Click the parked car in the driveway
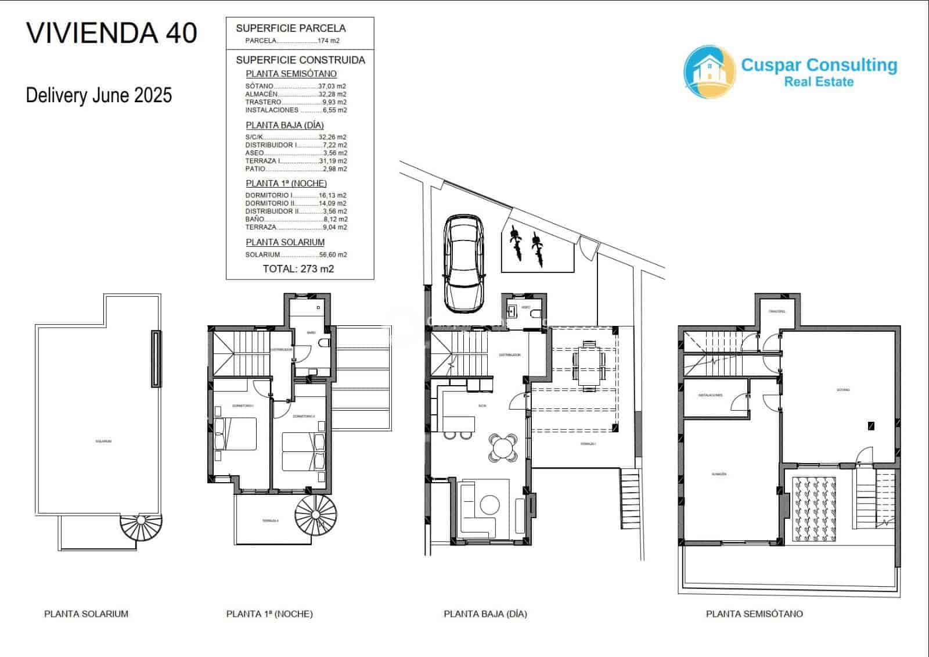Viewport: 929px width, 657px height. point(463,264)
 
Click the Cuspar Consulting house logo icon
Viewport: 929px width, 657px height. point(708,70)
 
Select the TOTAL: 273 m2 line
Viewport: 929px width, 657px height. point(298,269)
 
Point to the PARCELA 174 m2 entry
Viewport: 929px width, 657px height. point(292,41)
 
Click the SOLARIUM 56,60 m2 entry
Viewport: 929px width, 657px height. point(296,255)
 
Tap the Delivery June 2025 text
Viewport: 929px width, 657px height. point(99,95)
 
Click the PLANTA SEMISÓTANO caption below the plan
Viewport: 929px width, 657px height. point(754,614)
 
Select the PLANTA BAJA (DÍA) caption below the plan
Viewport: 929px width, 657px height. point(485,614)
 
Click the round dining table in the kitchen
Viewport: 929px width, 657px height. point(503,447)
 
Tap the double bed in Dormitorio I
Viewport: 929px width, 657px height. point(236,434)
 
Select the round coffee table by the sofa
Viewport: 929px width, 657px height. point(489,504)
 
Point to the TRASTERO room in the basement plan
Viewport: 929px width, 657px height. point(777,312)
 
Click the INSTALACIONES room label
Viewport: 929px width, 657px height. point(710,396)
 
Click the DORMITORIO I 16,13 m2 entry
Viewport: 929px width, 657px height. point(296,196)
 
